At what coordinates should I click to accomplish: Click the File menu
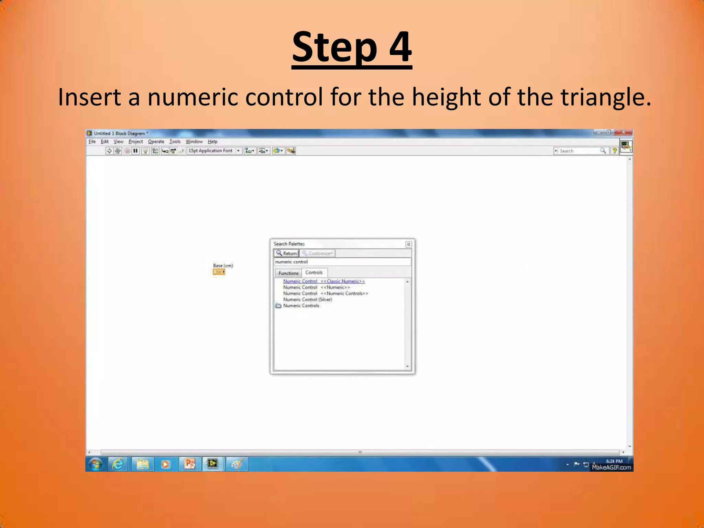tap(92, 142)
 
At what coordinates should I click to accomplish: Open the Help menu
tap(212, 142)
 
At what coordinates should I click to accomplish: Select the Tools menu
tap(175, 142)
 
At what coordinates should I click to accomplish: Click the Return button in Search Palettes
tap(287, 253)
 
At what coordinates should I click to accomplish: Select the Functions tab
tap(288, 273)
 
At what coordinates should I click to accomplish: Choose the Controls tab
tap(314, 273)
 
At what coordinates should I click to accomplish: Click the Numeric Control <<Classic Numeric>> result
tap(324, 281)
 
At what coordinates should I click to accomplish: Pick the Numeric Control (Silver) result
tap(307, 299)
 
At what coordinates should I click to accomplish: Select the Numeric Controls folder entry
tap(301, 306)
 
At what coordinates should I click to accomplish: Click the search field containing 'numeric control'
tap(342, 262)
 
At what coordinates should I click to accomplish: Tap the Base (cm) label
tap(223, 265)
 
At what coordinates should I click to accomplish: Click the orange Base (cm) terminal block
tap(219, 272)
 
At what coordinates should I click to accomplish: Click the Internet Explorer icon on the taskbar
tap(118, 464)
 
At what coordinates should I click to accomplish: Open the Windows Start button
tap(96, 464)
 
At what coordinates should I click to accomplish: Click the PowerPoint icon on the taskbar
tap(189, 464)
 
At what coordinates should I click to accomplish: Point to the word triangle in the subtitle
tap(604, 97)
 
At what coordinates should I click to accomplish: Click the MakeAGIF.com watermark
tap(611, 467)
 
